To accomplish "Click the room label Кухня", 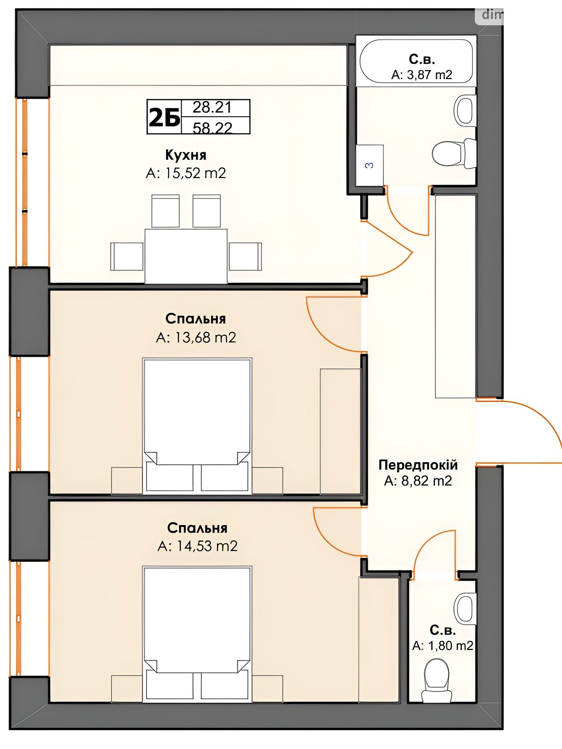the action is coord(186,155).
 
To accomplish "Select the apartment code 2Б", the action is coord(164,117).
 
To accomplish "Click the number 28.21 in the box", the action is coord(212,108).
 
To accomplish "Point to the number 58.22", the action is coord(212,128).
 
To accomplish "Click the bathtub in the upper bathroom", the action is coord(416,61).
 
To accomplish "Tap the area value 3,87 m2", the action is coord(422,75).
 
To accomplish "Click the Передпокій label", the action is coord(418,465).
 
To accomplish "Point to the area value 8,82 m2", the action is coord(418,481).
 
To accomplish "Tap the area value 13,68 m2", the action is coord(196,338).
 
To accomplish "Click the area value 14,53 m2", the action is coord(197,546).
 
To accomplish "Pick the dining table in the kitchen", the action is coord(186,256).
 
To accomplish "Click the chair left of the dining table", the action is coord(127,257).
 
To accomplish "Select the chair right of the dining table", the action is coord(245,257).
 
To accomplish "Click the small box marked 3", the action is coord(370,166).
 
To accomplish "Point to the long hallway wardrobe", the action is coord(456,296).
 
